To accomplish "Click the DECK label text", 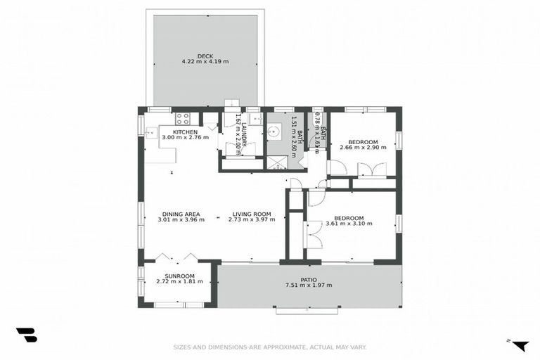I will click(x=205, y=56).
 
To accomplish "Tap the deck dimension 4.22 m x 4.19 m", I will click(x=205, y=61).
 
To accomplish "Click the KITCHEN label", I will click(x=185, y=132).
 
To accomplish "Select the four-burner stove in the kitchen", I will click(x=182, y=118).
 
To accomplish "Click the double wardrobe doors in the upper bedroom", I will click(x=371, y=169).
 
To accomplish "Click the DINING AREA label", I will click(x=181, y=214).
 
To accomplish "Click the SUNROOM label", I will click(x=179, y=276).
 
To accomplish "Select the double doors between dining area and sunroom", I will click(x=176, y=257).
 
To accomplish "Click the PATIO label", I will click(x=308, y=279).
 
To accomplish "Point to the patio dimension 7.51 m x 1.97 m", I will click(x=308, y=285).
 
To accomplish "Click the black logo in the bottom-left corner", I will click(x=26, y=335).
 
